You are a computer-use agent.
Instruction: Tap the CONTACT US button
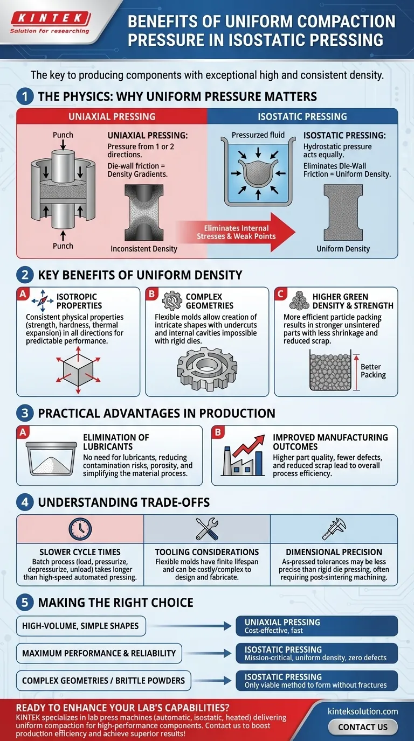click(362, 726)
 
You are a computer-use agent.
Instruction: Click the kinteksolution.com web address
click(363, 711)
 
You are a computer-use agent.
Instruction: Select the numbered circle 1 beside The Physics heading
click(24, 97)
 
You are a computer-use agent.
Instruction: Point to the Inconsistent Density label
click(144, 249)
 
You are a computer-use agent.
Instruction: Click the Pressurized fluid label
click(258, 135)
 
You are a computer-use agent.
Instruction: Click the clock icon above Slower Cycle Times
click(80, 529)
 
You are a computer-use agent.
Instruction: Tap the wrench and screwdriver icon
click(206, 529)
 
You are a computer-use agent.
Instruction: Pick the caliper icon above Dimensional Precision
click(334, 529)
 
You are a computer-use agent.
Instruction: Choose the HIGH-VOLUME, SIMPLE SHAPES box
click(81, 626)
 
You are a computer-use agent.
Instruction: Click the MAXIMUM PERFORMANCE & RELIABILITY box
click(99, 653)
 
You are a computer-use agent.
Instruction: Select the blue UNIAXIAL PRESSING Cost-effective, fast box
click(317, 626)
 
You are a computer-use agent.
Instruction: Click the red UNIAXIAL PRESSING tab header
click(112, 116)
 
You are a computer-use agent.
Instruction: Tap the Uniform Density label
click(343, 249)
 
